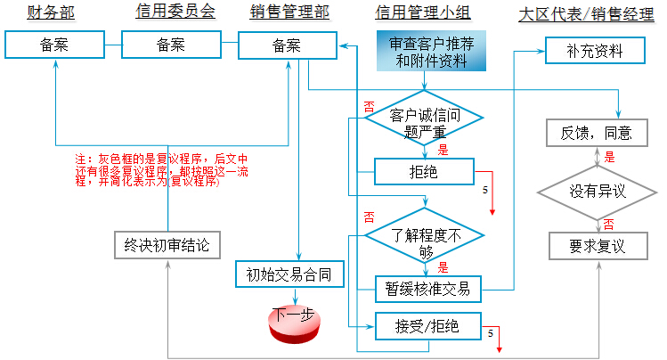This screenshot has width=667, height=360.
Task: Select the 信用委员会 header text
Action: (x=175, y=12)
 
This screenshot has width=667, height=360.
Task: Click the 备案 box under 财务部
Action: (x=55, y=45)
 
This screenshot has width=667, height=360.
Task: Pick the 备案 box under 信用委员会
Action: (x=172, y=45)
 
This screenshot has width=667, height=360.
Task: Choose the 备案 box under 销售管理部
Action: (x=287, y=45)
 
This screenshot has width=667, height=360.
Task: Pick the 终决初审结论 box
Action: (x=167, y=244)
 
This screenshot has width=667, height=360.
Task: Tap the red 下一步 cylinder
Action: (x=294, y=318)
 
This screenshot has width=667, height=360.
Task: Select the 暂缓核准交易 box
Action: (x=427, y=288)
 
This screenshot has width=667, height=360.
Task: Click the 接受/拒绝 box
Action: (x=427, y=325)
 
